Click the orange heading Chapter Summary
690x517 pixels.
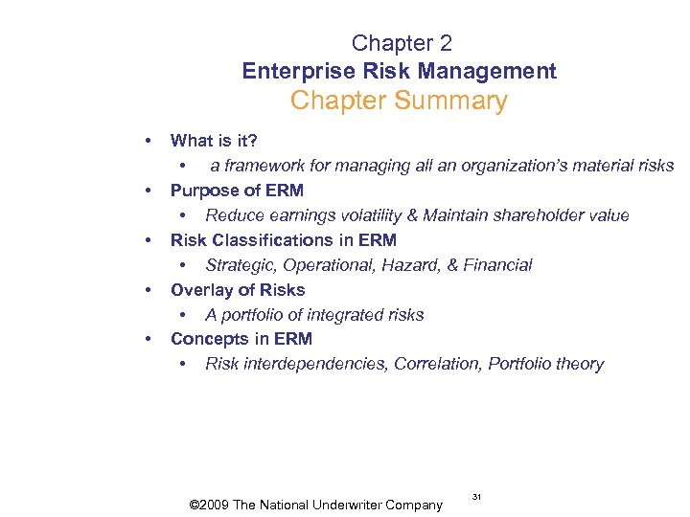click(399, 101)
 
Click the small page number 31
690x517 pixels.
click(476, 496)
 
